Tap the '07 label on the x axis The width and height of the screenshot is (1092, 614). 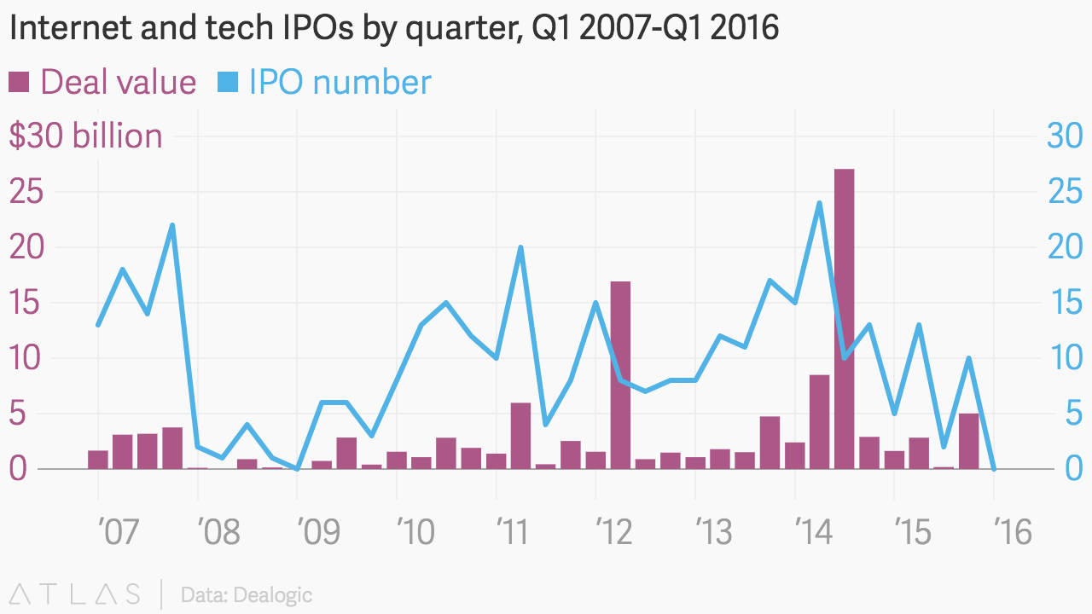click(117, 534)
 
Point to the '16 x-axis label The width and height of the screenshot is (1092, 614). click(1012, 534)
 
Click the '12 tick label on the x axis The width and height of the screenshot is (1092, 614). click(613, 534)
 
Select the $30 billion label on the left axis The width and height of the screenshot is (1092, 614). click(85, 136)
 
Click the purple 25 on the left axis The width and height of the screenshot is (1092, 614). click(26, 192)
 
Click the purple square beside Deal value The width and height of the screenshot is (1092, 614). click(19, 83)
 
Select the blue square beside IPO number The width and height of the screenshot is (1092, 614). click(228, 83)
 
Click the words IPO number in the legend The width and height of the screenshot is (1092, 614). click(340, 83)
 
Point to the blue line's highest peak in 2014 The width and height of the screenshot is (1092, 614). click(819, 203)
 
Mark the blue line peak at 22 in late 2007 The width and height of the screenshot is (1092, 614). click(172, 225)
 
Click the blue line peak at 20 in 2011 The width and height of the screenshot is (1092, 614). click(520, 247)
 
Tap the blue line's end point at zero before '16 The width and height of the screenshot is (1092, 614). click(994, 468)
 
